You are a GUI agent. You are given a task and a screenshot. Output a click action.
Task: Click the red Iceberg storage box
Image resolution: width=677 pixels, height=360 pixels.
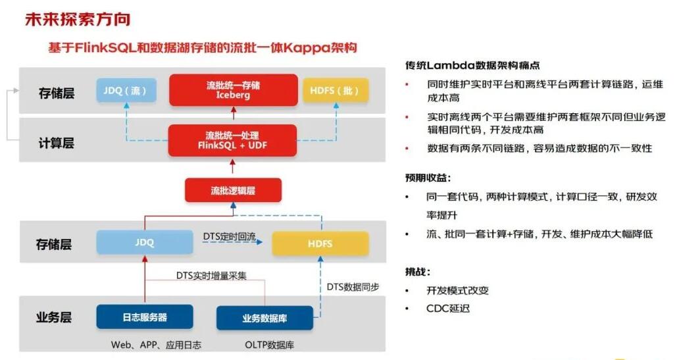coord(233,90)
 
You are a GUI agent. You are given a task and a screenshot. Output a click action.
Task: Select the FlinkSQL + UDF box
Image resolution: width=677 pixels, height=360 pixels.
coord(232,140)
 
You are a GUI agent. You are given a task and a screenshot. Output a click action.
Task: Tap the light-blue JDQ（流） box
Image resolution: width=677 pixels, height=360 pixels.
coord(126,90)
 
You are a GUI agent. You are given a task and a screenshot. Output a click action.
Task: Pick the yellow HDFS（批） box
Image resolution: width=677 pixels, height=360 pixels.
coord(336,90)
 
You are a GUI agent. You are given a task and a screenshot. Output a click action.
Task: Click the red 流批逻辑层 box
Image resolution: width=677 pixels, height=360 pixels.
coord(233,190)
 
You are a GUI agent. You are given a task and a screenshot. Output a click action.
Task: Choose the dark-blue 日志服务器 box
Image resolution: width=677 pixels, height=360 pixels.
coord(145,317)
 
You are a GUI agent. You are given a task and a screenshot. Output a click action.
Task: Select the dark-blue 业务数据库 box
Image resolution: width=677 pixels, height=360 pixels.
coord(264,318)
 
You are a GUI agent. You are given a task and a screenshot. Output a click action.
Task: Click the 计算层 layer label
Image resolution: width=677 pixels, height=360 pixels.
coord(57,143)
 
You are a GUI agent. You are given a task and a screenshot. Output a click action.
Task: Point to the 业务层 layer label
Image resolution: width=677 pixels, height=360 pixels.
coord(54,317)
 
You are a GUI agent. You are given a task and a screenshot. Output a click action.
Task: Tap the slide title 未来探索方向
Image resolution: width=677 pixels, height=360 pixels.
coord(78,20)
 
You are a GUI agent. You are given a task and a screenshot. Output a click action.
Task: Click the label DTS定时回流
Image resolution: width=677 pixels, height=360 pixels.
coord(229,236)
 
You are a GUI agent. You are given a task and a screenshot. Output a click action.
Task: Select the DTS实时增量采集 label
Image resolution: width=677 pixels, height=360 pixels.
coord(211,275)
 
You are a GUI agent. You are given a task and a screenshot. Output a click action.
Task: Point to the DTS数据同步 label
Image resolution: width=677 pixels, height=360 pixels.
coord(353,287)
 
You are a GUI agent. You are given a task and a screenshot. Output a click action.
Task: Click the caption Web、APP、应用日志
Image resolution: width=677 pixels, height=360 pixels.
coord(157,345)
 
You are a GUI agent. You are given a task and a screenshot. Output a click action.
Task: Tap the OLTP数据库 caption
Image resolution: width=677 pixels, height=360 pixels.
coord(270,345)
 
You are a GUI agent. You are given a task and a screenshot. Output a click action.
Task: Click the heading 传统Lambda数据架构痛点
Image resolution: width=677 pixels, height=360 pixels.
coord(472,65)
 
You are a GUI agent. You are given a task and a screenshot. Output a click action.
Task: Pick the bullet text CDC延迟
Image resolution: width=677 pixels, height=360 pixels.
coord(448,309)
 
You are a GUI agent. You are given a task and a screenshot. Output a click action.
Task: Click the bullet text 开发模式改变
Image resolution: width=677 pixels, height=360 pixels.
coord(458,290)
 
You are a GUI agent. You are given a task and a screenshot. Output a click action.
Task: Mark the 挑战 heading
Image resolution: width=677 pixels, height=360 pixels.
coord(418,272)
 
